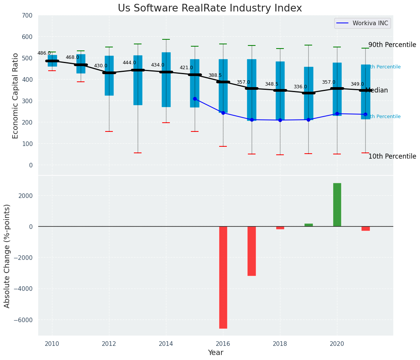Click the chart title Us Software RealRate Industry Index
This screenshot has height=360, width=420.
(x=210, y=8)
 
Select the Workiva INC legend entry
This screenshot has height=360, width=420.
(x=370, y=23)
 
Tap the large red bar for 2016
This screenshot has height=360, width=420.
(x=223, y=277)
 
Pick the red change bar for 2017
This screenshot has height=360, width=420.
(x=251, y=251)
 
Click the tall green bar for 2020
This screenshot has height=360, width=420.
(x=337, y=204)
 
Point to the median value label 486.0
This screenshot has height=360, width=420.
(x=44, y=53)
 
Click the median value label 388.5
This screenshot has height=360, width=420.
(x=215, y=75)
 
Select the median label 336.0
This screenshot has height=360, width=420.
(x=300, y=87)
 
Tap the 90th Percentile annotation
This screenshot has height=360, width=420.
(x=392, y=45)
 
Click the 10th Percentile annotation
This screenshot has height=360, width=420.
(x=392, y=156)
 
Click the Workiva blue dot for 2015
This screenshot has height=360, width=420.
(x=195, y=99)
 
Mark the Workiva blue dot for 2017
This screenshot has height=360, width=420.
(x=252, y=120)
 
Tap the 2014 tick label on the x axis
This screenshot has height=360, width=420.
(x=166, y=344)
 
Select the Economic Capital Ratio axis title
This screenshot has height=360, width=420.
(x=16, y=96)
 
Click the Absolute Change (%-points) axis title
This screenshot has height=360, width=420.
(x=7, y=256)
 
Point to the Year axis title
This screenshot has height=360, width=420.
(x=216, y=353)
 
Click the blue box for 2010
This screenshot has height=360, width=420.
(x=52, y=61)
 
